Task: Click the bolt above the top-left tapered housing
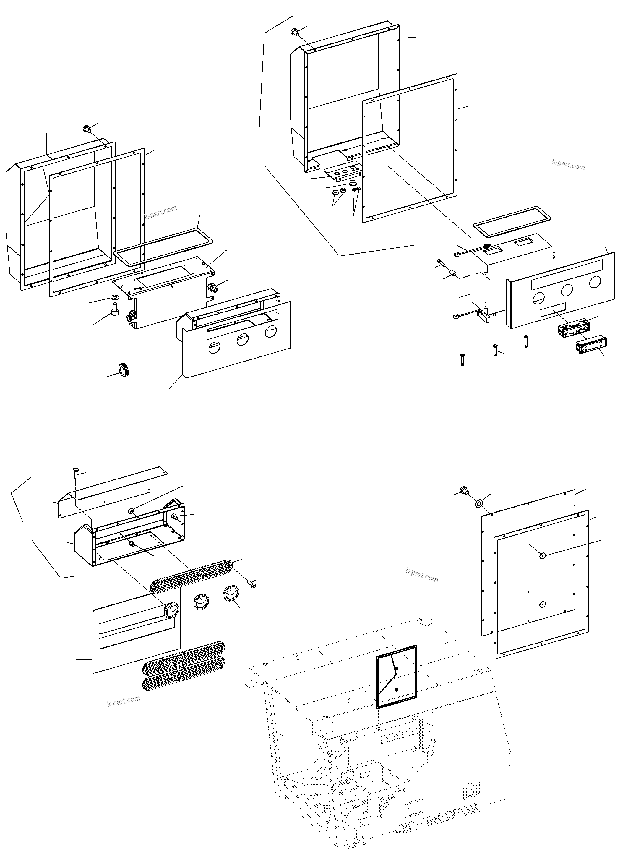[x=86, y=129]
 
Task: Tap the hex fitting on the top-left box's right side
[x=212, y=287]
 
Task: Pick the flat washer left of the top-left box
[x=114, y=296]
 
